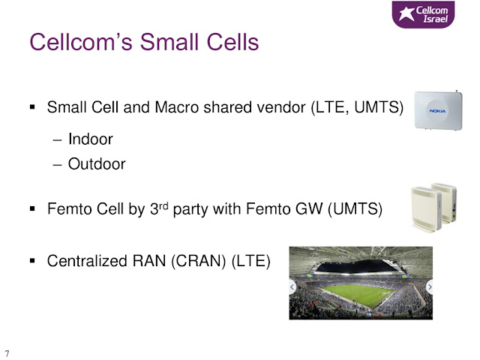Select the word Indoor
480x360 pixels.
click(x=90, y=139)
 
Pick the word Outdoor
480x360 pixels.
click(x=97, y=163)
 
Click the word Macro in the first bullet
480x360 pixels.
click(x=184, y=109)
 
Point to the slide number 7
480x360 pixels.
click(x=7, y=352)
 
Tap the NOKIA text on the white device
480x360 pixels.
click(x=437, y=110)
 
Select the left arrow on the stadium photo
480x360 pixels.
click(x=293, y=286)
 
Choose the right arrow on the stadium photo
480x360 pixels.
click(x=429, y=286)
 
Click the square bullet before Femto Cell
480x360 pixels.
click(x=32, y=208)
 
